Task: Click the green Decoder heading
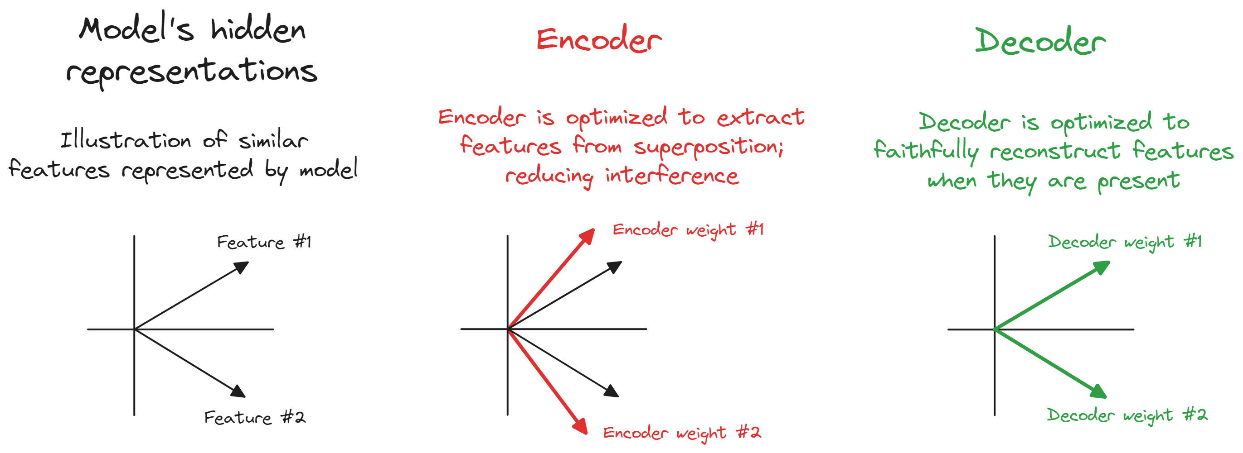tap(1040, 41)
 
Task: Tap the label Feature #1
tap(264, 242)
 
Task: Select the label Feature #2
tap(255, 417)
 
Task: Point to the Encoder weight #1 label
tap(688, 230)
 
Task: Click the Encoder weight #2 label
tap(682, 433)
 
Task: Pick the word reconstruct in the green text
tap(1055, 151)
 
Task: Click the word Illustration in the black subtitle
tap(126, 140)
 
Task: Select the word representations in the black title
tap(192, 72)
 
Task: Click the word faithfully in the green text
tap(926, 151)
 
